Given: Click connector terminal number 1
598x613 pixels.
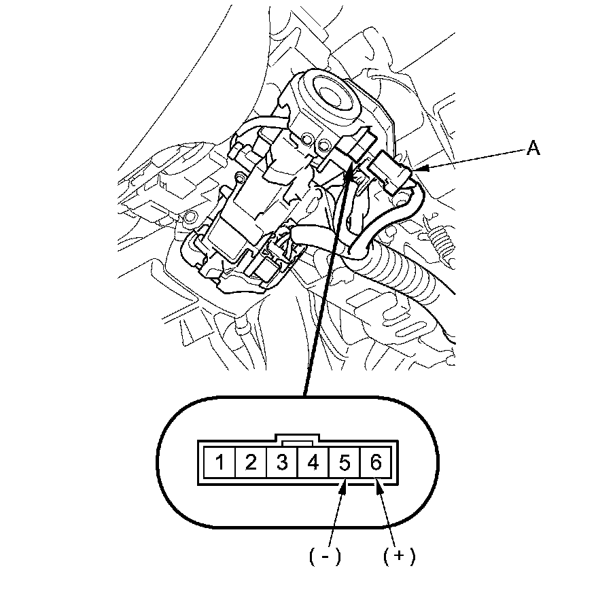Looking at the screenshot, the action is tap(219, 463).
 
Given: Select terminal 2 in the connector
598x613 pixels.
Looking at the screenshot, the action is tap(251, 463).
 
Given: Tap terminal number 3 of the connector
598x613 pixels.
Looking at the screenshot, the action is tap(282, 463).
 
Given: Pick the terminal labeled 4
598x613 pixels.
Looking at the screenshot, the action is tap(313, 463).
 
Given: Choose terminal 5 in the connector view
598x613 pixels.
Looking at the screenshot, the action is tap(344, 463).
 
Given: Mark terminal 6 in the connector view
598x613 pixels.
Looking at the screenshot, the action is tap(375, 463).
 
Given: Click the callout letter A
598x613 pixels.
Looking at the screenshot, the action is tap(534, 149).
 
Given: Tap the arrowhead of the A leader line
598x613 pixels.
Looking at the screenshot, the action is tap(417, 168).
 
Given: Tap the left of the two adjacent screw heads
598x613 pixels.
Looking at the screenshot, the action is tap(309, 139).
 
